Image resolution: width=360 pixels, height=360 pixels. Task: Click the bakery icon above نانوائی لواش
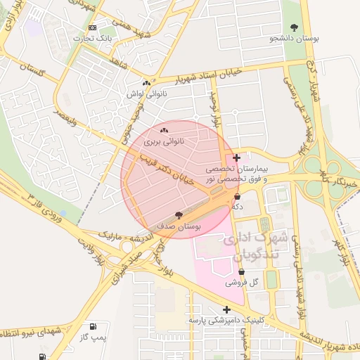(146, 83)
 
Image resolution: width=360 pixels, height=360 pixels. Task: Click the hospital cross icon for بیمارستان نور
(236, 157)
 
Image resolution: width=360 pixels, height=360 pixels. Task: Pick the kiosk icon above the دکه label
(237, 196)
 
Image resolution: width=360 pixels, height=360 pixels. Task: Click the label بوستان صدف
(179, 228)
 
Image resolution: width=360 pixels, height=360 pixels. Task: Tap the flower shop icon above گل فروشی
(241, 271)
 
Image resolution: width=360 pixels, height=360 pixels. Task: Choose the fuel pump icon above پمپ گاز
(93, 327)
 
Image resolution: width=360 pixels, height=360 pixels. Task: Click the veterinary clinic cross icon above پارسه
(226, 309)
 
